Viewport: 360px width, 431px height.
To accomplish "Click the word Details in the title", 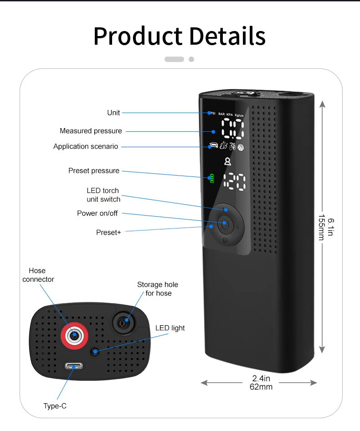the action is pyautogui.click(x=227, y=36).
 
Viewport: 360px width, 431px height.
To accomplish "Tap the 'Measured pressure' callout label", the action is pyautogui.click(x=91, y=131).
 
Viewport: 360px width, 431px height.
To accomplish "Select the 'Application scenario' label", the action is pyautogui.click(x=86, y=146).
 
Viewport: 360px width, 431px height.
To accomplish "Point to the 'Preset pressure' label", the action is pyautogui.click(x=94, y=171).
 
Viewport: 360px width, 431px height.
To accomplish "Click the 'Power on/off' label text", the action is pyautogui.click(x=97, y=213).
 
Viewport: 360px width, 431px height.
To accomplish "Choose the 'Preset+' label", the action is pyautogui.click(x=108, y=233).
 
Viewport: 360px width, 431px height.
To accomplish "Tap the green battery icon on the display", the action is pyautogui.click(x=212, y=178).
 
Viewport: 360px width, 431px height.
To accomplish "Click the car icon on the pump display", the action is pyautogui.click(x=214, y=145).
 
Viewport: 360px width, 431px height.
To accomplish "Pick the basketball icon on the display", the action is pyautogui.click(x=241, y=148).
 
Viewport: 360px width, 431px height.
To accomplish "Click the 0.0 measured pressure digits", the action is pyautogui.click(x=233, y=128).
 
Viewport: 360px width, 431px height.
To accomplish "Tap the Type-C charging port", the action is pyautogui.click(x=73, y=366).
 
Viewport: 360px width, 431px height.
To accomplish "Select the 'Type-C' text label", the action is pyautogui.click(x=55, y=406).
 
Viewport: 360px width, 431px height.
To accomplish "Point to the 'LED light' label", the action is pyautogui.click(x=170, y=328).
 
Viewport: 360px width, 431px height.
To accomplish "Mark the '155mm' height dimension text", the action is pyautogui.click(x=322, y=227).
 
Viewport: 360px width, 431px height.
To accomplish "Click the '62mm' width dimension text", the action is pyautogui.click(x=261, y=387).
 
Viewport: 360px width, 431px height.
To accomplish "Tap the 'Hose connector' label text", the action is pyautogui.click(x=38, y=275).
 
